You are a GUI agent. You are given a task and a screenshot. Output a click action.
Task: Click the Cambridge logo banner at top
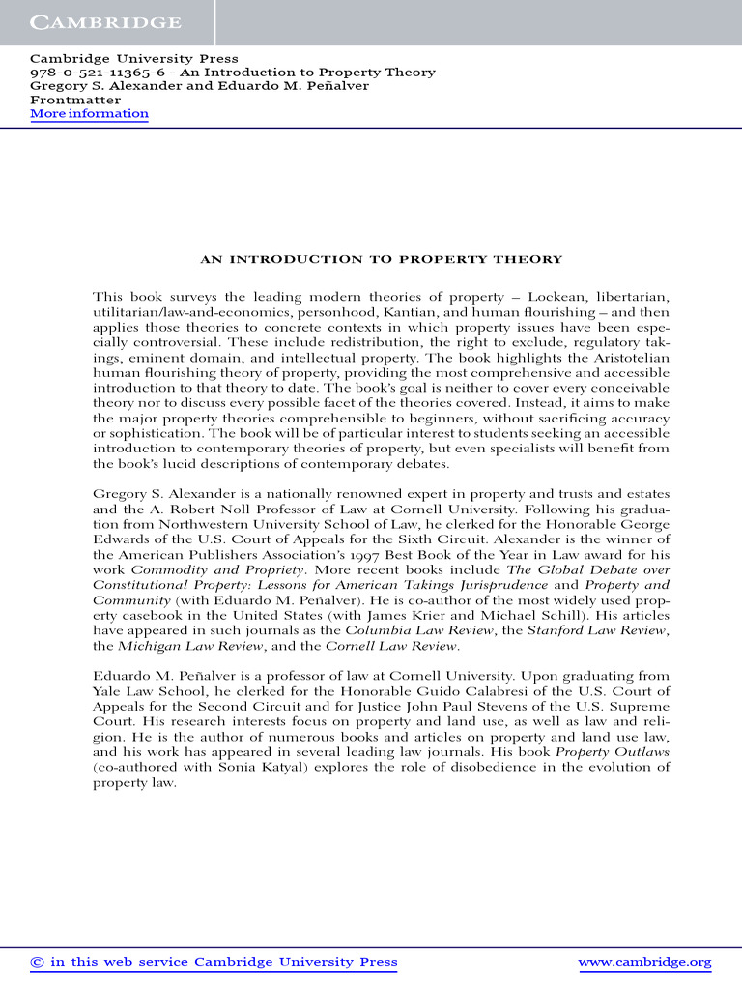pos(105,21)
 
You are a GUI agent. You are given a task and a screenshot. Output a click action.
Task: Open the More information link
pos(89,114)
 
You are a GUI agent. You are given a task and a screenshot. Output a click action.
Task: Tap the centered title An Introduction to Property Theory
pos(381,259)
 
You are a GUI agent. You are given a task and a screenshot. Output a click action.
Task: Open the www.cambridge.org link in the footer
pos(644,962)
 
